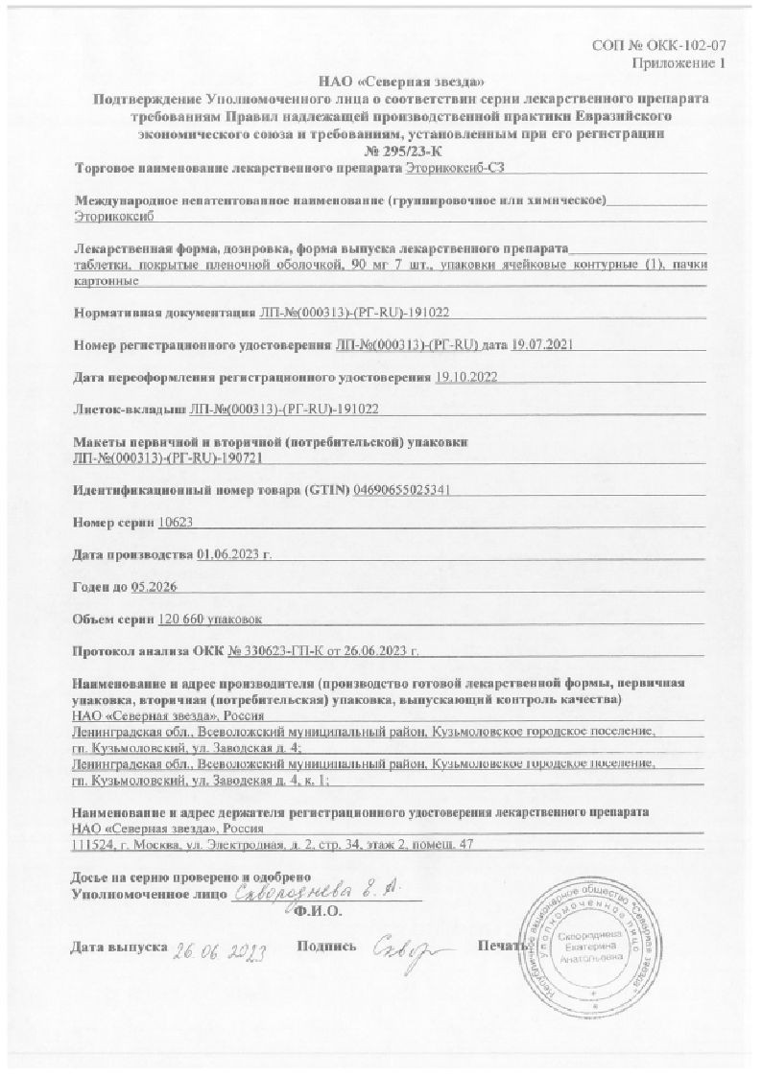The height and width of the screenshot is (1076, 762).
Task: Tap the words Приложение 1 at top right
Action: (x=678, y=63)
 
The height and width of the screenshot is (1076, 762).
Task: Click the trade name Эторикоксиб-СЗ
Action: (x=455, y=169)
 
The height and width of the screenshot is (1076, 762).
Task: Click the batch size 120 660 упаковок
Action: (x=208, y=620)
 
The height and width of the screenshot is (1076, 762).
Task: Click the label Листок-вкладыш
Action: (x=131, y=409)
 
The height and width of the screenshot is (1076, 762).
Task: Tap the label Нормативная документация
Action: (x=164, y=313)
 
